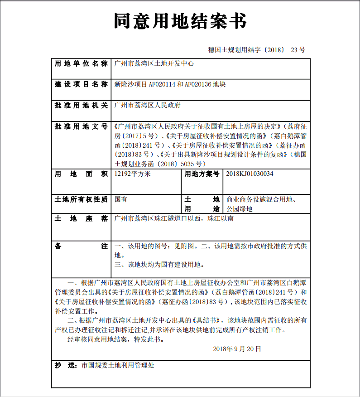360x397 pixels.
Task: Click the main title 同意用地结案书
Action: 180,21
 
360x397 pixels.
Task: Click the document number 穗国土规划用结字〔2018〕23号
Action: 256,49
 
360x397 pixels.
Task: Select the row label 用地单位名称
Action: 81,63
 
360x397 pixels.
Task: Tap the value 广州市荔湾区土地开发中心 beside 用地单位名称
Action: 154,63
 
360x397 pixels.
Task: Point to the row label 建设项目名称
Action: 81,84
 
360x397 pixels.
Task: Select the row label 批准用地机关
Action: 81,105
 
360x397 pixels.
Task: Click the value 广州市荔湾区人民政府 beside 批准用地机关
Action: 148,105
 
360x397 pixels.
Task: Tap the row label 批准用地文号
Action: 81,126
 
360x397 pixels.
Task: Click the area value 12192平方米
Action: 132,174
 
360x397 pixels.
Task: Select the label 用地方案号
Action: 202,174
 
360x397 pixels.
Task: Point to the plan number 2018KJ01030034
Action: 250,174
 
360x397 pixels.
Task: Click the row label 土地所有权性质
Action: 81,199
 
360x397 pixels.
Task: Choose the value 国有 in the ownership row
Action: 121,199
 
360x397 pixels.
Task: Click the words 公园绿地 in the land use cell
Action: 240,209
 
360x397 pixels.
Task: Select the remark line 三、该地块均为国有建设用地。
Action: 159,265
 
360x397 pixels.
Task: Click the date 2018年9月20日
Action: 237,349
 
